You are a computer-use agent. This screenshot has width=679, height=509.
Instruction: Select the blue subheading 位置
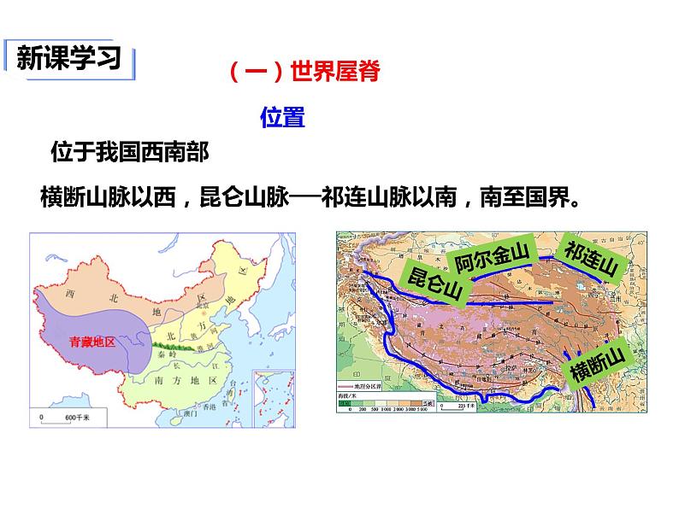click(x=282, y=118)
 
